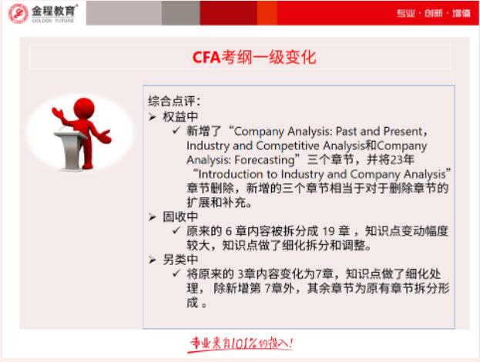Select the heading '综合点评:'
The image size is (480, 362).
[175, 100]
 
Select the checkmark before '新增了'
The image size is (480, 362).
[176, 130]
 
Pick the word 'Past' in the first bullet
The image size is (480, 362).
[344, 130]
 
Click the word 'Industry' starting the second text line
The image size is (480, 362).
[209, 144]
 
